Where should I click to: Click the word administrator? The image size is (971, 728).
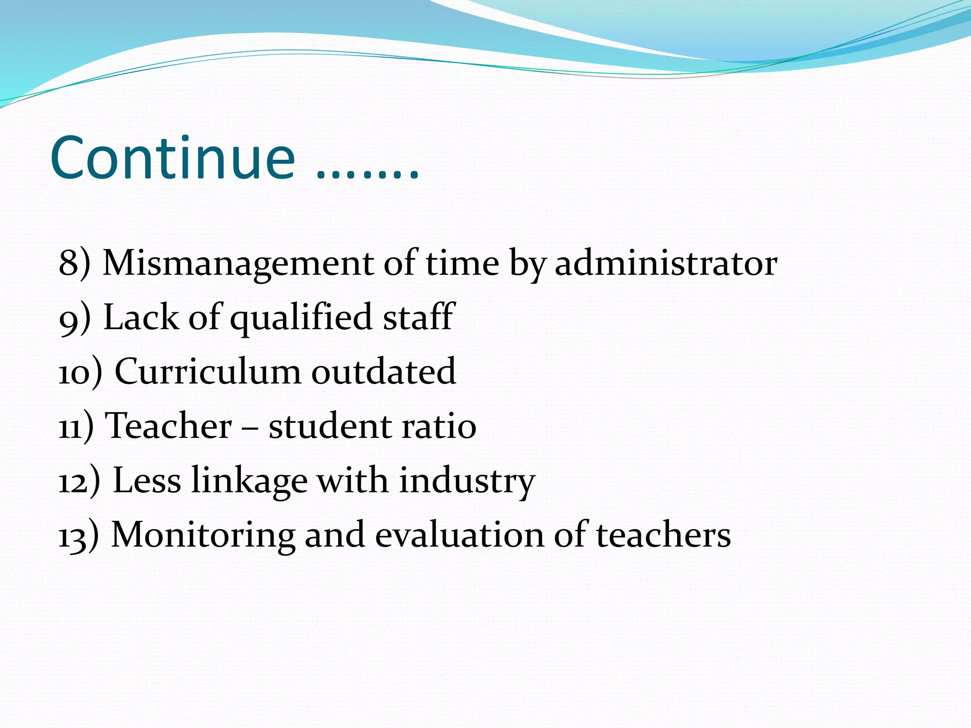tap(666, 263)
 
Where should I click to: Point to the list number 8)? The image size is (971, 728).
tap(74, 264)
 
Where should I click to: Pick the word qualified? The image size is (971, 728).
tap(301, 318)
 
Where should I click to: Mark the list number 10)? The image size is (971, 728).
tap(80, 372)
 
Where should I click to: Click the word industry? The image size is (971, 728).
tap(467, 481)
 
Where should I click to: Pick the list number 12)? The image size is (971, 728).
tap(79, 481)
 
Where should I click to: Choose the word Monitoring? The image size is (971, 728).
tap(203, 536)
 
